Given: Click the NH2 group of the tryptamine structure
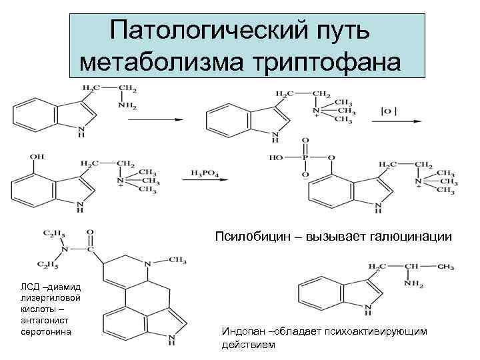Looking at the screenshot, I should (129, 107).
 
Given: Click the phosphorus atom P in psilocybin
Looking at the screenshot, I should (305, 158).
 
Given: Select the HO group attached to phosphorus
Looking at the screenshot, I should (277, 158).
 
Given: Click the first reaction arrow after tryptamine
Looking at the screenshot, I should (159, 120).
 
